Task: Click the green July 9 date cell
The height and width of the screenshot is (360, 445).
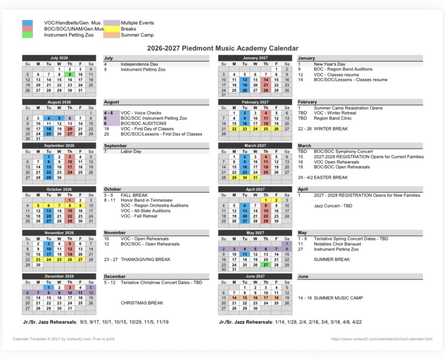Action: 70,74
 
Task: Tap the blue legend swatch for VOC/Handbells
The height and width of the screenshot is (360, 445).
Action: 27,23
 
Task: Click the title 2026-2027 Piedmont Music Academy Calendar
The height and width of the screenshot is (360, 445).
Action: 222,48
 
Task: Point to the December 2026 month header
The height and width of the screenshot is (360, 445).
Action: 59,276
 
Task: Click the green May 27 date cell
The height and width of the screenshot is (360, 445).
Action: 266,265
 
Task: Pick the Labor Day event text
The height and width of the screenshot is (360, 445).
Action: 131,151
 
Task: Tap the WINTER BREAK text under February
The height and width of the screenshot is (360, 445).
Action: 331,129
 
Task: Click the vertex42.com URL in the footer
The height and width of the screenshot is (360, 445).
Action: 382,339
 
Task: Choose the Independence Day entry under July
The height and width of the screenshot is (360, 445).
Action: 139,64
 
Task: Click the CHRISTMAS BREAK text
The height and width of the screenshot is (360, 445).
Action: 142,303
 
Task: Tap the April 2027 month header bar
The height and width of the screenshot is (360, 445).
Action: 255,189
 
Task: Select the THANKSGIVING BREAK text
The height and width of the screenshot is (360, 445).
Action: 146,260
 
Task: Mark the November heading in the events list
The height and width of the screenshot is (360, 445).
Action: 115,233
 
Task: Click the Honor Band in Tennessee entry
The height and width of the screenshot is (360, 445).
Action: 146,200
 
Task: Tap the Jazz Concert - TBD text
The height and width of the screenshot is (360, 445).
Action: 333,206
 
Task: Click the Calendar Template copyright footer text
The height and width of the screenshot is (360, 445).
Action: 64,339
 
